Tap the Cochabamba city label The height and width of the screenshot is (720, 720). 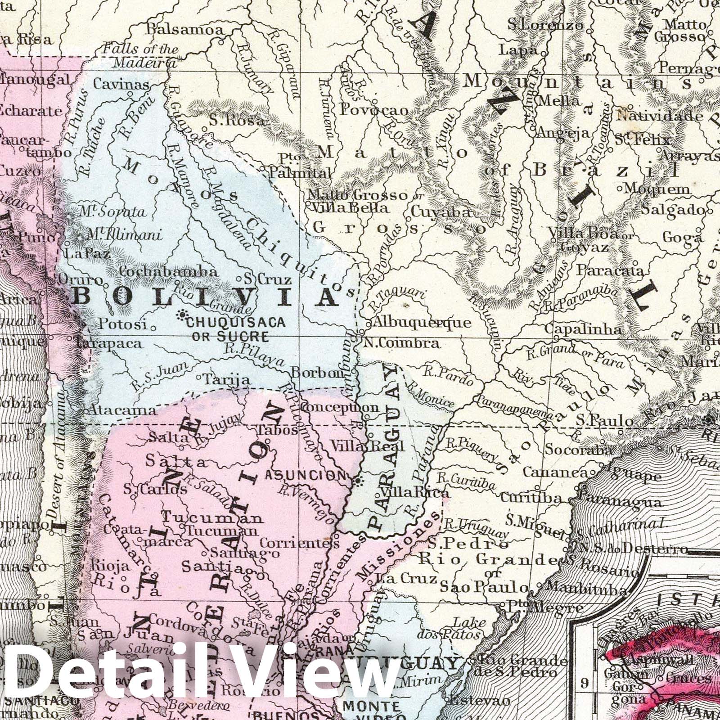(x=169, y=272)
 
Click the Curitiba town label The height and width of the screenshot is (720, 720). (x=531, y=498)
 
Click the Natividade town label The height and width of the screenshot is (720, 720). (x=659, y=117)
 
